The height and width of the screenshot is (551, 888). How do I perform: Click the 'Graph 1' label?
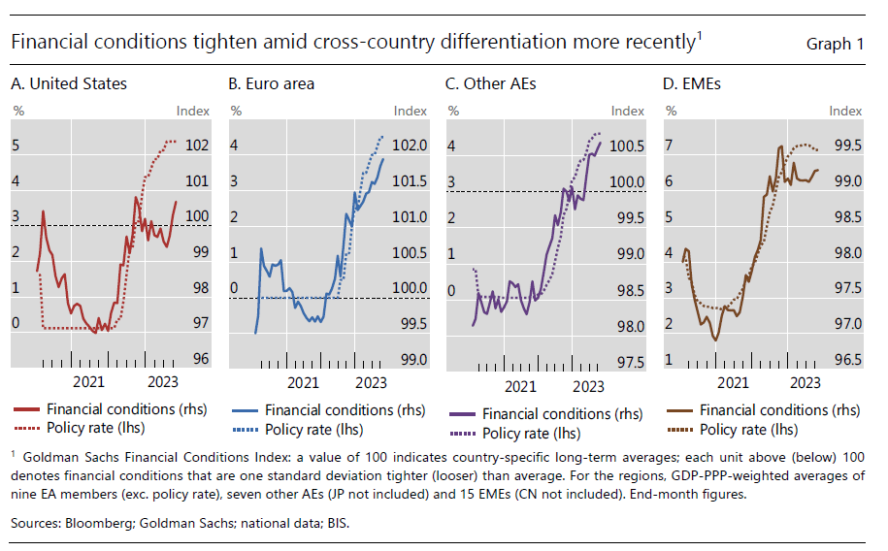835,44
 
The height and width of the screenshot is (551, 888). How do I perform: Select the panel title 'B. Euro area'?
272,84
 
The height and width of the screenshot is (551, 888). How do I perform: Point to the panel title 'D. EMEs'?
691,84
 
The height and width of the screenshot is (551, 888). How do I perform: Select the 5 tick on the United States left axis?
16,146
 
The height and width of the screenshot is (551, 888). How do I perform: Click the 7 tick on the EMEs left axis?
668,146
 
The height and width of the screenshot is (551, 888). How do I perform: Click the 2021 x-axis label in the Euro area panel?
304,383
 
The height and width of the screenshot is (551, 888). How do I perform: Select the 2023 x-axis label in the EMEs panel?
805,383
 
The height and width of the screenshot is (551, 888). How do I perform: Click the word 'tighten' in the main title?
198,43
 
